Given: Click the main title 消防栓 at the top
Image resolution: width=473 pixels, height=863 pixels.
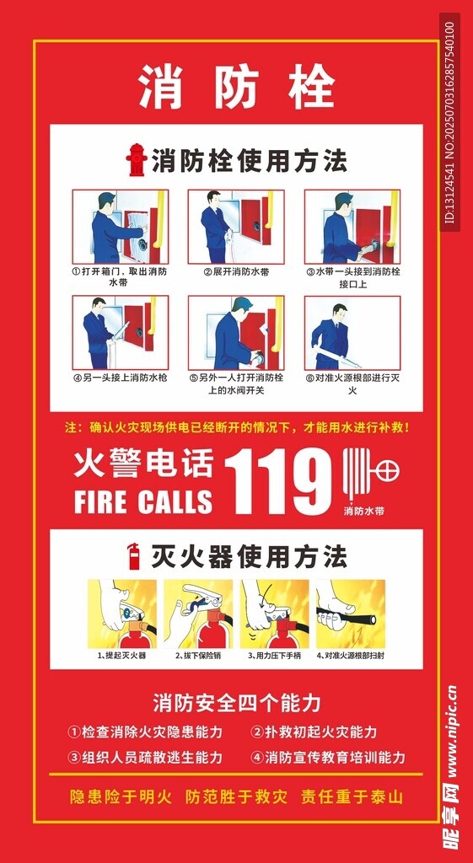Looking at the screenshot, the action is point(236,88).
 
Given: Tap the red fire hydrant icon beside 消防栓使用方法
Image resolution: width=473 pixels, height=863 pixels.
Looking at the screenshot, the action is point(136,160).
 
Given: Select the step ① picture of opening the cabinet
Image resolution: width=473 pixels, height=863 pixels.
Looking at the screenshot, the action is point(121,227).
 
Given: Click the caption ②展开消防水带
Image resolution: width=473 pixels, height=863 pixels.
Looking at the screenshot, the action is point(236,272).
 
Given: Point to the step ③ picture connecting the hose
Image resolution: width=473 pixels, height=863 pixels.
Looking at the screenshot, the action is point(352,227).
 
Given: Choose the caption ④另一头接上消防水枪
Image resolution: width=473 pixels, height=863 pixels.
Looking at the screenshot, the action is point(120,378).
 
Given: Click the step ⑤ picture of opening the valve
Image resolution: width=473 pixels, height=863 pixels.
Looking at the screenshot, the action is point(236,333).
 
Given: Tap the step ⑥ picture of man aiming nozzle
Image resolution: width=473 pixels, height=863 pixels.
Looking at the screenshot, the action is point(352,333).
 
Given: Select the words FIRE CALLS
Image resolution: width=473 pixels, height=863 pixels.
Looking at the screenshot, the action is point(143,501).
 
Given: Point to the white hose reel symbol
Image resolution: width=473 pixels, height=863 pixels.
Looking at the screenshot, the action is point(371,474).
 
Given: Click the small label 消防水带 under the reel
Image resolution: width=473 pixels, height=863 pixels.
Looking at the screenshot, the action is point(363,511).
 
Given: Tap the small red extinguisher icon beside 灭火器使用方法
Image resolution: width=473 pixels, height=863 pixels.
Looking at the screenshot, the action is point(133,556).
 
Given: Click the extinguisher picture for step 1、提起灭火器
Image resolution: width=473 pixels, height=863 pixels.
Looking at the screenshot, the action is point(121,614).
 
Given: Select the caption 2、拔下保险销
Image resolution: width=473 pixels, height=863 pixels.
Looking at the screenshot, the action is point(198,656).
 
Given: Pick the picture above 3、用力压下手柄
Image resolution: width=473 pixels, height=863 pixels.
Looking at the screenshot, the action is point(274,614).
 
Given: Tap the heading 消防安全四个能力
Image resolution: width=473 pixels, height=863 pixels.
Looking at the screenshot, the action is point(237,703).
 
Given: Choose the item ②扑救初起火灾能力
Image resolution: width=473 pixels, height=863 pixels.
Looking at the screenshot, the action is point(314,732).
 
